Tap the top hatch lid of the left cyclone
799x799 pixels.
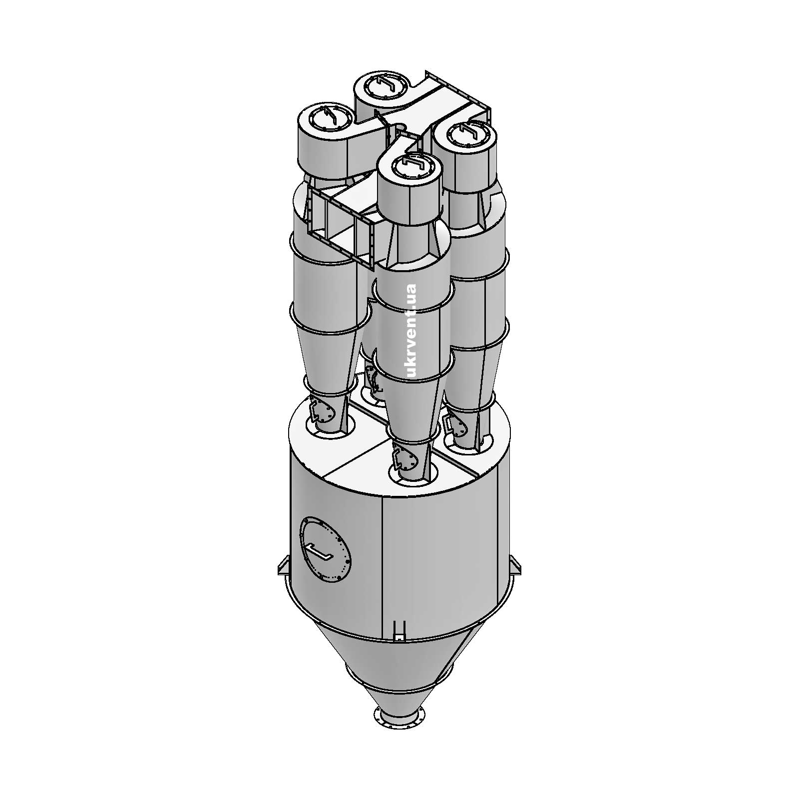click(325, 119)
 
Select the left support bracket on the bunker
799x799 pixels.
click(283, 566)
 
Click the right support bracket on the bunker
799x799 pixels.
click(515, 566)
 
